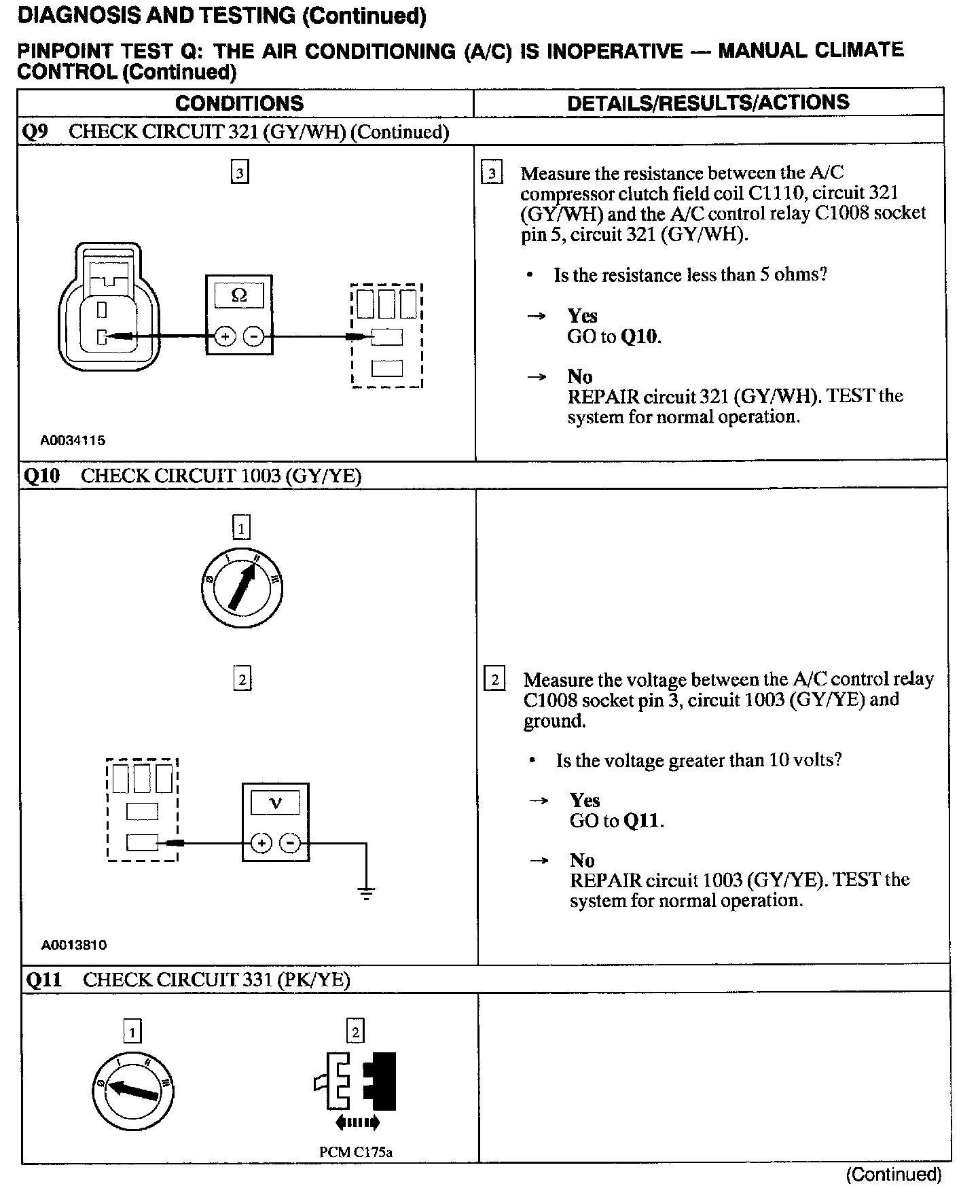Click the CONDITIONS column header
click(x=239, y=103)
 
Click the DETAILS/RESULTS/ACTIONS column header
click(x=708, y=103)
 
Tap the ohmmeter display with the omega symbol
click(x=239, y=296)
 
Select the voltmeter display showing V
click(x=275, y=804)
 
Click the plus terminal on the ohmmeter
click(x=225, y=336)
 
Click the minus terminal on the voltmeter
click(x=291, y=844)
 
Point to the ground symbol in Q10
click(x=366, y=893)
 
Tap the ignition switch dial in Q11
click(x=132, y=1091)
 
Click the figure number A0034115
click(x=73, y=440)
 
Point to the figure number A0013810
click(x=74, y=945)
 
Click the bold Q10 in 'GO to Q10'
click(x=640, y=337)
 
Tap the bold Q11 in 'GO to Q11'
click(x=642, y=821)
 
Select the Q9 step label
click(x=35, y=132)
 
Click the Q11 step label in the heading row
click(x=43, y=980)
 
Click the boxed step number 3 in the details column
click(x=492, y=174)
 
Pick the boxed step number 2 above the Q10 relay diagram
click(x=242, y=679)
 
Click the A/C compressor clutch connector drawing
click(x=109, y=307)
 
